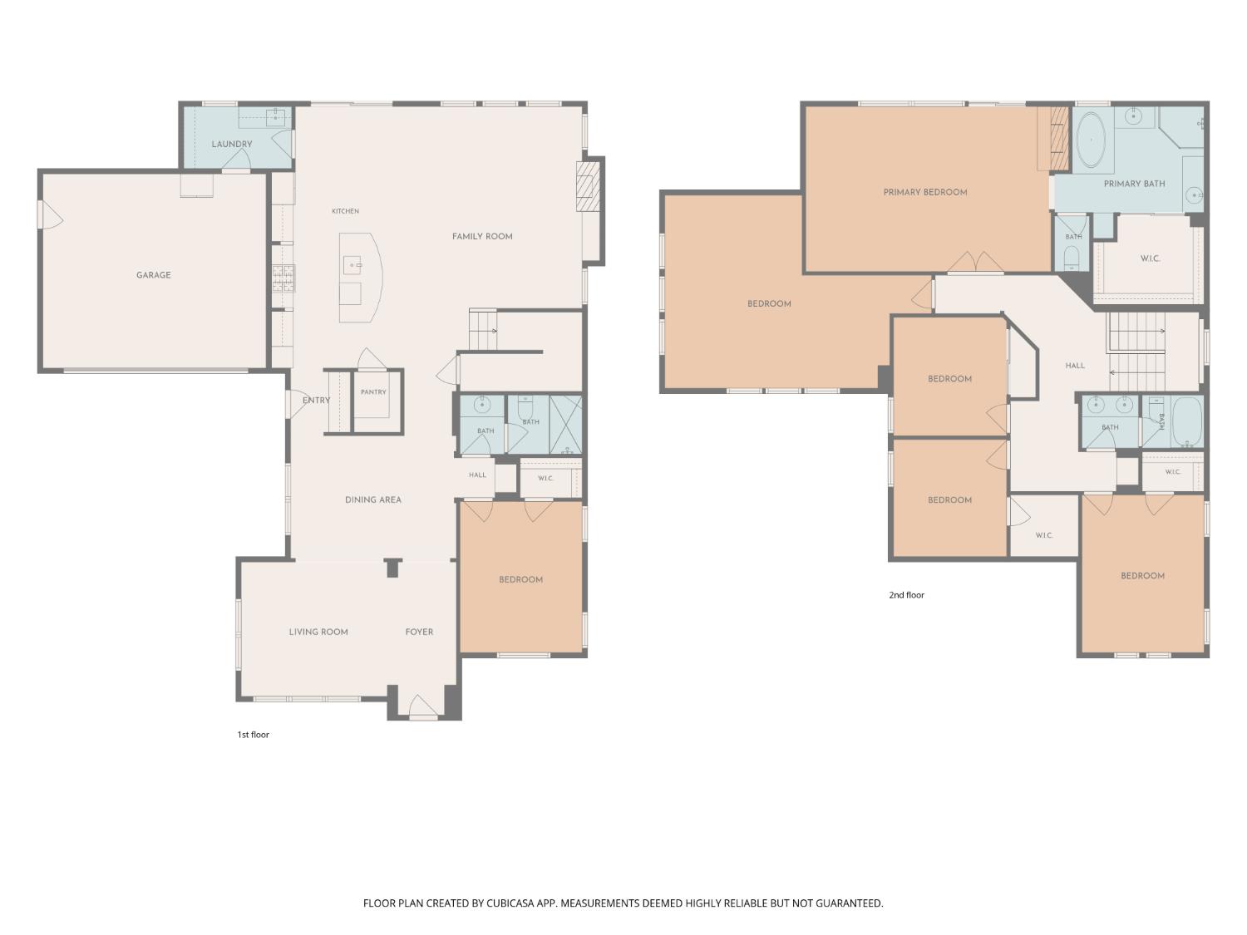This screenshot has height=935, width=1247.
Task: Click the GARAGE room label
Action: (154, 275)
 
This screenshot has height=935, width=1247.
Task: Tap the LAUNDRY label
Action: (232, 144)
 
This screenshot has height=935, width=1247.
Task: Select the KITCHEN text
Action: (345, 211)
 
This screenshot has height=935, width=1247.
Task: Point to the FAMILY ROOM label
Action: (482, 237)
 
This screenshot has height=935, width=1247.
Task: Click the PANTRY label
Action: (373, 392)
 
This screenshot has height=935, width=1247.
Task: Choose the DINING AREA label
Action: (373, 500)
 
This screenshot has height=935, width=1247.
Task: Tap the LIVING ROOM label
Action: (318, 632)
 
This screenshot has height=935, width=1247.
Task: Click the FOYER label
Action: (419, 632)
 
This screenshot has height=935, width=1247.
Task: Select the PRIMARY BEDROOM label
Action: (925, 193)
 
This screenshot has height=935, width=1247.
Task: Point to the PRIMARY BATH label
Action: (1135, 184)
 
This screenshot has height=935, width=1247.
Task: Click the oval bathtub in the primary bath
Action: (1091, 140)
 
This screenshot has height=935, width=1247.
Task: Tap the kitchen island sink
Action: (352, 265)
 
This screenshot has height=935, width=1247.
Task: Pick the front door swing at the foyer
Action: (423, 706)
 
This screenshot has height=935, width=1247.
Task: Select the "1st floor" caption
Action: (254, 735)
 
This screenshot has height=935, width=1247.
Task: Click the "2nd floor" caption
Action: (907, 595)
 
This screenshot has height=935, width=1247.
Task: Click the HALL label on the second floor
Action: (1075, 366)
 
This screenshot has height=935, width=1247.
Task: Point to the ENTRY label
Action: (316, 401)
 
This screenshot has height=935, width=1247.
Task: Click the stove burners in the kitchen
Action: (283, 278)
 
